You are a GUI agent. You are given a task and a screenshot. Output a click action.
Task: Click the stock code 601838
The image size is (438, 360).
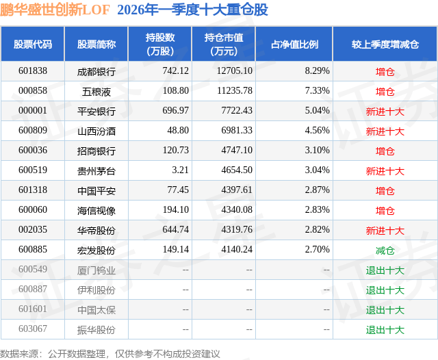(x=33, y=71)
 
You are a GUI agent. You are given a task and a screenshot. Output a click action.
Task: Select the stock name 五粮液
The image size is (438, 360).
(x=96, y=91)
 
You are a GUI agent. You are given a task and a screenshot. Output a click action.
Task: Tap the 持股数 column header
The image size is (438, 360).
(x=159, y=44)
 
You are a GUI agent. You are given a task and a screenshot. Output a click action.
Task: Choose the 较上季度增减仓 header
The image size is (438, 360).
(x=385, y=44)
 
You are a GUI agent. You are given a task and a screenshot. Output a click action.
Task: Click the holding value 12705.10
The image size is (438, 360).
(x=233, y=71)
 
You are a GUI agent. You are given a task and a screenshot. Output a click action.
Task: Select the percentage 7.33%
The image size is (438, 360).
(x=317, y=91)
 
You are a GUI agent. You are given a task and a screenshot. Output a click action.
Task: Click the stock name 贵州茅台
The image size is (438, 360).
(x=96, y=170)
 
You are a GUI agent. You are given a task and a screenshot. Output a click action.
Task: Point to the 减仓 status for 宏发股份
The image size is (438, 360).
(x=385, y=250)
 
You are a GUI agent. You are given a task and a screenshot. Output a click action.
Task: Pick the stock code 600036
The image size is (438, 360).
(x=33, y=151)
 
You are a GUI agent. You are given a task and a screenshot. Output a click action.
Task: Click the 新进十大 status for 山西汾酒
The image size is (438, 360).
(x=385, y=131)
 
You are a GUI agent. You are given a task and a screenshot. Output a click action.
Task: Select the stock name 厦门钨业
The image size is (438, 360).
(x=96, y=270)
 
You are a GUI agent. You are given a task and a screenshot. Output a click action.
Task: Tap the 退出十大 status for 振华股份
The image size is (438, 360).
(x=385, y=330)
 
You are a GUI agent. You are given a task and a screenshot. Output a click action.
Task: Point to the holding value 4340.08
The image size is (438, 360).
(x=233, y=210)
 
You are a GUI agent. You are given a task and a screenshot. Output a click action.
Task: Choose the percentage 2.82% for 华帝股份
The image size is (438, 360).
(x=317, y=230)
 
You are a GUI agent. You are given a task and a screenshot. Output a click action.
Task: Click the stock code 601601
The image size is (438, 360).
(x=33, y=310)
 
